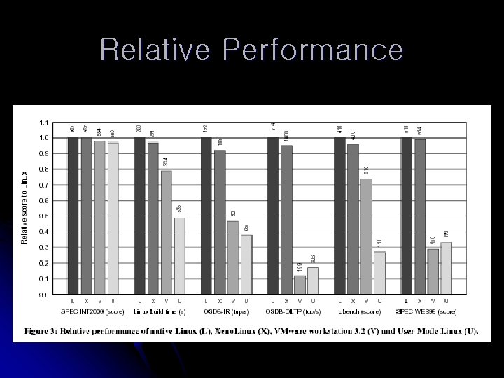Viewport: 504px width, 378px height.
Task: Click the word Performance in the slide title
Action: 312,50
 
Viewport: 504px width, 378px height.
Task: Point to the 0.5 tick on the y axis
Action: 43,216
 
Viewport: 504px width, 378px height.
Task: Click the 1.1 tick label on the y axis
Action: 43,122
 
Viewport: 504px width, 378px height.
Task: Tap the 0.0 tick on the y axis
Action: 43,295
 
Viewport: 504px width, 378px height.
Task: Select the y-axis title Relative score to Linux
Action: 24,208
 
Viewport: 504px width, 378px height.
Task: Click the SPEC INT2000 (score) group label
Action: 92,311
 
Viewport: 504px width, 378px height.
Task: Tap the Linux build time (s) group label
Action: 159,311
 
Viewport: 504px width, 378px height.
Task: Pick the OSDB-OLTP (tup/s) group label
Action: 293,311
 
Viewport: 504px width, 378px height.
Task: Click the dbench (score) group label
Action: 360,311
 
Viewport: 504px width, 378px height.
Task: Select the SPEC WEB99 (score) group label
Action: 427,311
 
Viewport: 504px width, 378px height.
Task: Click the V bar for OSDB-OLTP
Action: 300,285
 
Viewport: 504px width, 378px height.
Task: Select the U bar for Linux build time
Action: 180,255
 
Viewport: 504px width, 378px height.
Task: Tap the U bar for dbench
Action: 379,273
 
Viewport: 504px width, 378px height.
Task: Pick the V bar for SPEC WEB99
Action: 433,272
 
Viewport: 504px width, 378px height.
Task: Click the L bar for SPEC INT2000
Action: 73,216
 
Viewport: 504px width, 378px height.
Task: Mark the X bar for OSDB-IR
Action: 220,222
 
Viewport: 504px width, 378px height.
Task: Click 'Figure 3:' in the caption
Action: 43,330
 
